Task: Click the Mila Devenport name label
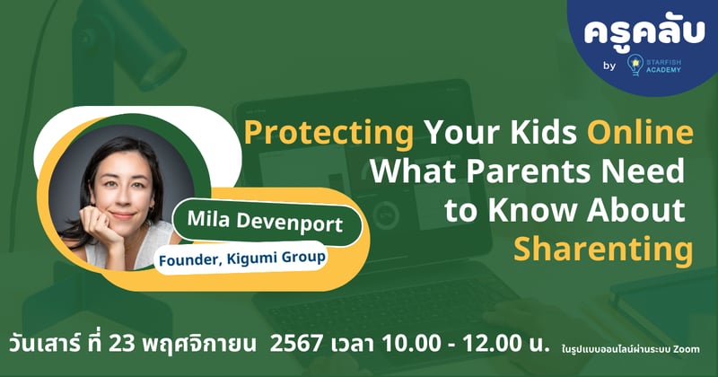(266, 222)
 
